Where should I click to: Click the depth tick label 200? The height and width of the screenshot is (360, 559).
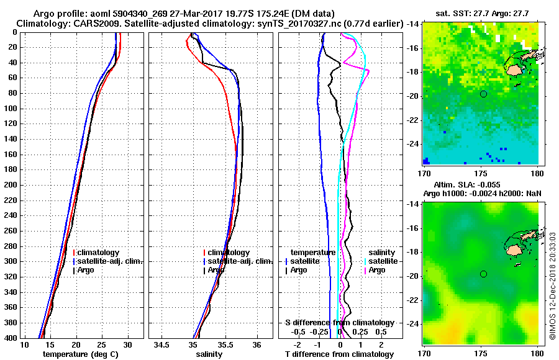click(11, 185)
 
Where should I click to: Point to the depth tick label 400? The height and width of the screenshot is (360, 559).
click(11, 338)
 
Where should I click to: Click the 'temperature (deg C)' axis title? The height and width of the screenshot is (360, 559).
click(80, 354)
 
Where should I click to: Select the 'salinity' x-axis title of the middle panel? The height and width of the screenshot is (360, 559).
click(209, 354)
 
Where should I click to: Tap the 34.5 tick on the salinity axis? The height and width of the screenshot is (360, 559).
click(163, 344)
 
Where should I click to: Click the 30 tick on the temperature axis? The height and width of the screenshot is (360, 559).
click(127, 344)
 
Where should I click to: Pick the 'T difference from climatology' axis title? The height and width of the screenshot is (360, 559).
click(340, 354)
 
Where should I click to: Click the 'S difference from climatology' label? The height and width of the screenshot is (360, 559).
click(340, 323)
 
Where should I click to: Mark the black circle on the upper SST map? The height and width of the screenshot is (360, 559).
click(483, 94)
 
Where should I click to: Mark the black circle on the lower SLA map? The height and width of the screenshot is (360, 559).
click(483, 274)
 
